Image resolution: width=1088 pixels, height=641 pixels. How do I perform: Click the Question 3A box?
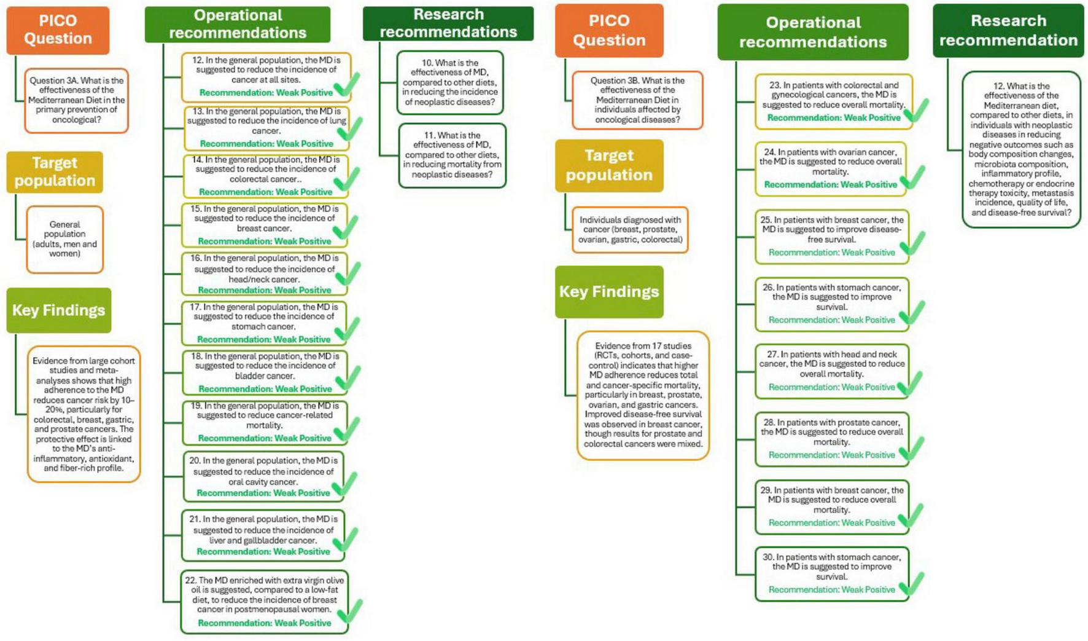coord(76,100)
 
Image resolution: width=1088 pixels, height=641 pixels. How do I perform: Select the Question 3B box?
coord(637,100)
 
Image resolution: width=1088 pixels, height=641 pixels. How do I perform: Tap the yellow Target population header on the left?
coord(55,172)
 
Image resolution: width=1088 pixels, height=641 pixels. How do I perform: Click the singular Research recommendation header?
coord(1008,31)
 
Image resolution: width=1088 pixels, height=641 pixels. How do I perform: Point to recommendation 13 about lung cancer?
coord(266,128)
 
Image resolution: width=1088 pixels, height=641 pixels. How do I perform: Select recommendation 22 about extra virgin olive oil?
coord(264,601)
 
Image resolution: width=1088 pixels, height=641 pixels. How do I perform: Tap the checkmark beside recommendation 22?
coord(350,611)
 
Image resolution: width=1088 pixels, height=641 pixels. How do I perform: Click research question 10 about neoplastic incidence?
coord(449,82)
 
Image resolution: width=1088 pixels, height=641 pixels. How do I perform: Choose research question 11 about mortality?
coord(452,155)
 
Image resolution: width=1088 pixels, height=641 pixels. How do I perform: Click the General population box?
coord(64,239)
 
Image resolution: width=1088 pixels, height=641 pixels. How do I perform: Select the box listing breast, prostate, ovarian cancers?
coord(630,229)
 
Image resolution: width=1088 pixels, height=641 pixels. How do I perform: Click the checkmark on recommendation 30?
coord(912,583)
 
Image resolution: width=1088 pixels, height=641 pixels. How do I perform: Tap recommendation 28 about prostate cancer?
coord(831,438)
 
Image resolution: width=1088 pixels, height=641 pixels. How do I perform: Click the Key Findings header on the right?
coord(608,292)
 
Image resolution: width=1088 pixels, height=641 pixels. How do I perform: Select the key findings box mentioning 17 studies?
coord(643,395)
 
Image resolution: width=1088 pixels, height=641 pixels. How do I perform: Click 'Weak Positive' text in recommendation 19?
coord(302,438)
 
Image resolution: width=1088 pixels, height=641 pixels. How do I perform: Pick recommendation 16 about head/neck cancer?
coord(264,273)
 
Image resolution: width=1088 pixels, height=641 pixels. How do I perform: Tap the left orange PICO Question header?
coord(58,29)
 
